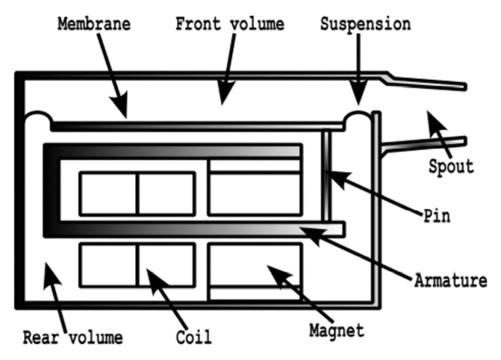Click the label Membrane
click(x=94, y=24)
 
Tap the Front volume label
click(x=230, y=24)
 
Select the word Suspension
click(x=365, y=24)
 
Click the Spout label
click(x=452, y=165)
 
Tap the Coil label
click(x=193, y=337)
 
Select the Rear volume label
click(x=73, y=337)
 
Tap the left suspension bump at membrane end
click(x=37, y=118)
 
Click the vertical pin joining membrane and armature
click(x=326, y=173)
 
